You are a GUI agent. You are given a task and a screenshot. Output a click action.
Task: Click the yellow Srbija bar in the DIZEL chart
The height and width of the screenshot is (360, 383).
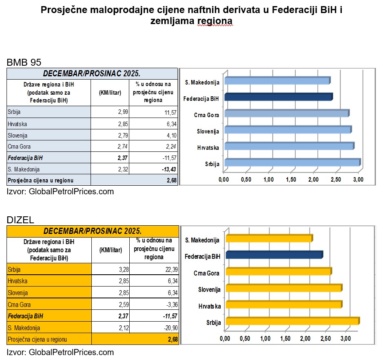point(292,321)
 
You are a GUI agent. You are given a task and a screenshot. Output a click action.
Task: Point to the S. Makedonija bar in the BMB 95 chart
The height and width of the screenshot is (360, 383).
point(277,81)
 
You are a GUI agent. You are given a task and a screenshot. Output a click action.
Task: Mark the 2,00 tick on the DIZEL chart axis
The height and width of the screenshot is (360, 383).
point(305,338)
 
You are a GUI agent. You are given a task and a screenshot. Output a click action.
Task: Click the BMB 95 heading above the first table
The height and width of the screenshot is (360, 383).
point(24,63)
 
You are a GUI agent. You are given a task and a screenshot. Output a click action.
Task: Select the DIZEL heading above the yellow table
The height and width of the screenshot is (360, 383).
point(20,220)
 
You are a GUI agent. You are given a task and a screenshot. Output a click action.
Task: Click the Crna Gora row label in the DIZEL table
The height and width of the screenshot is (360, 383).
point(19,304)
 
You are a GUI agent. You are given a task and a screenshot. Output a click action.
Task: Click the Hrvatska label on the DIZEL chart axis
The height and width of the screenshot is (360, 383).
point(209,306)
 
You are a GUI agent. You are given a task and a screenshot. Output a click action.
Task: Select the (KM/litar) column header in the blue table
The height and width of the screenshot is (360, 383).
point(111,92)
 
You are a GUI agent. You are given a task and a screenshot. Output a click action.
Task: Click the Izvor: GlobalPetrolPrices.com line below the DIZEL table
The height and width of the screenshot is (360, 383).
point(60,352)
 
